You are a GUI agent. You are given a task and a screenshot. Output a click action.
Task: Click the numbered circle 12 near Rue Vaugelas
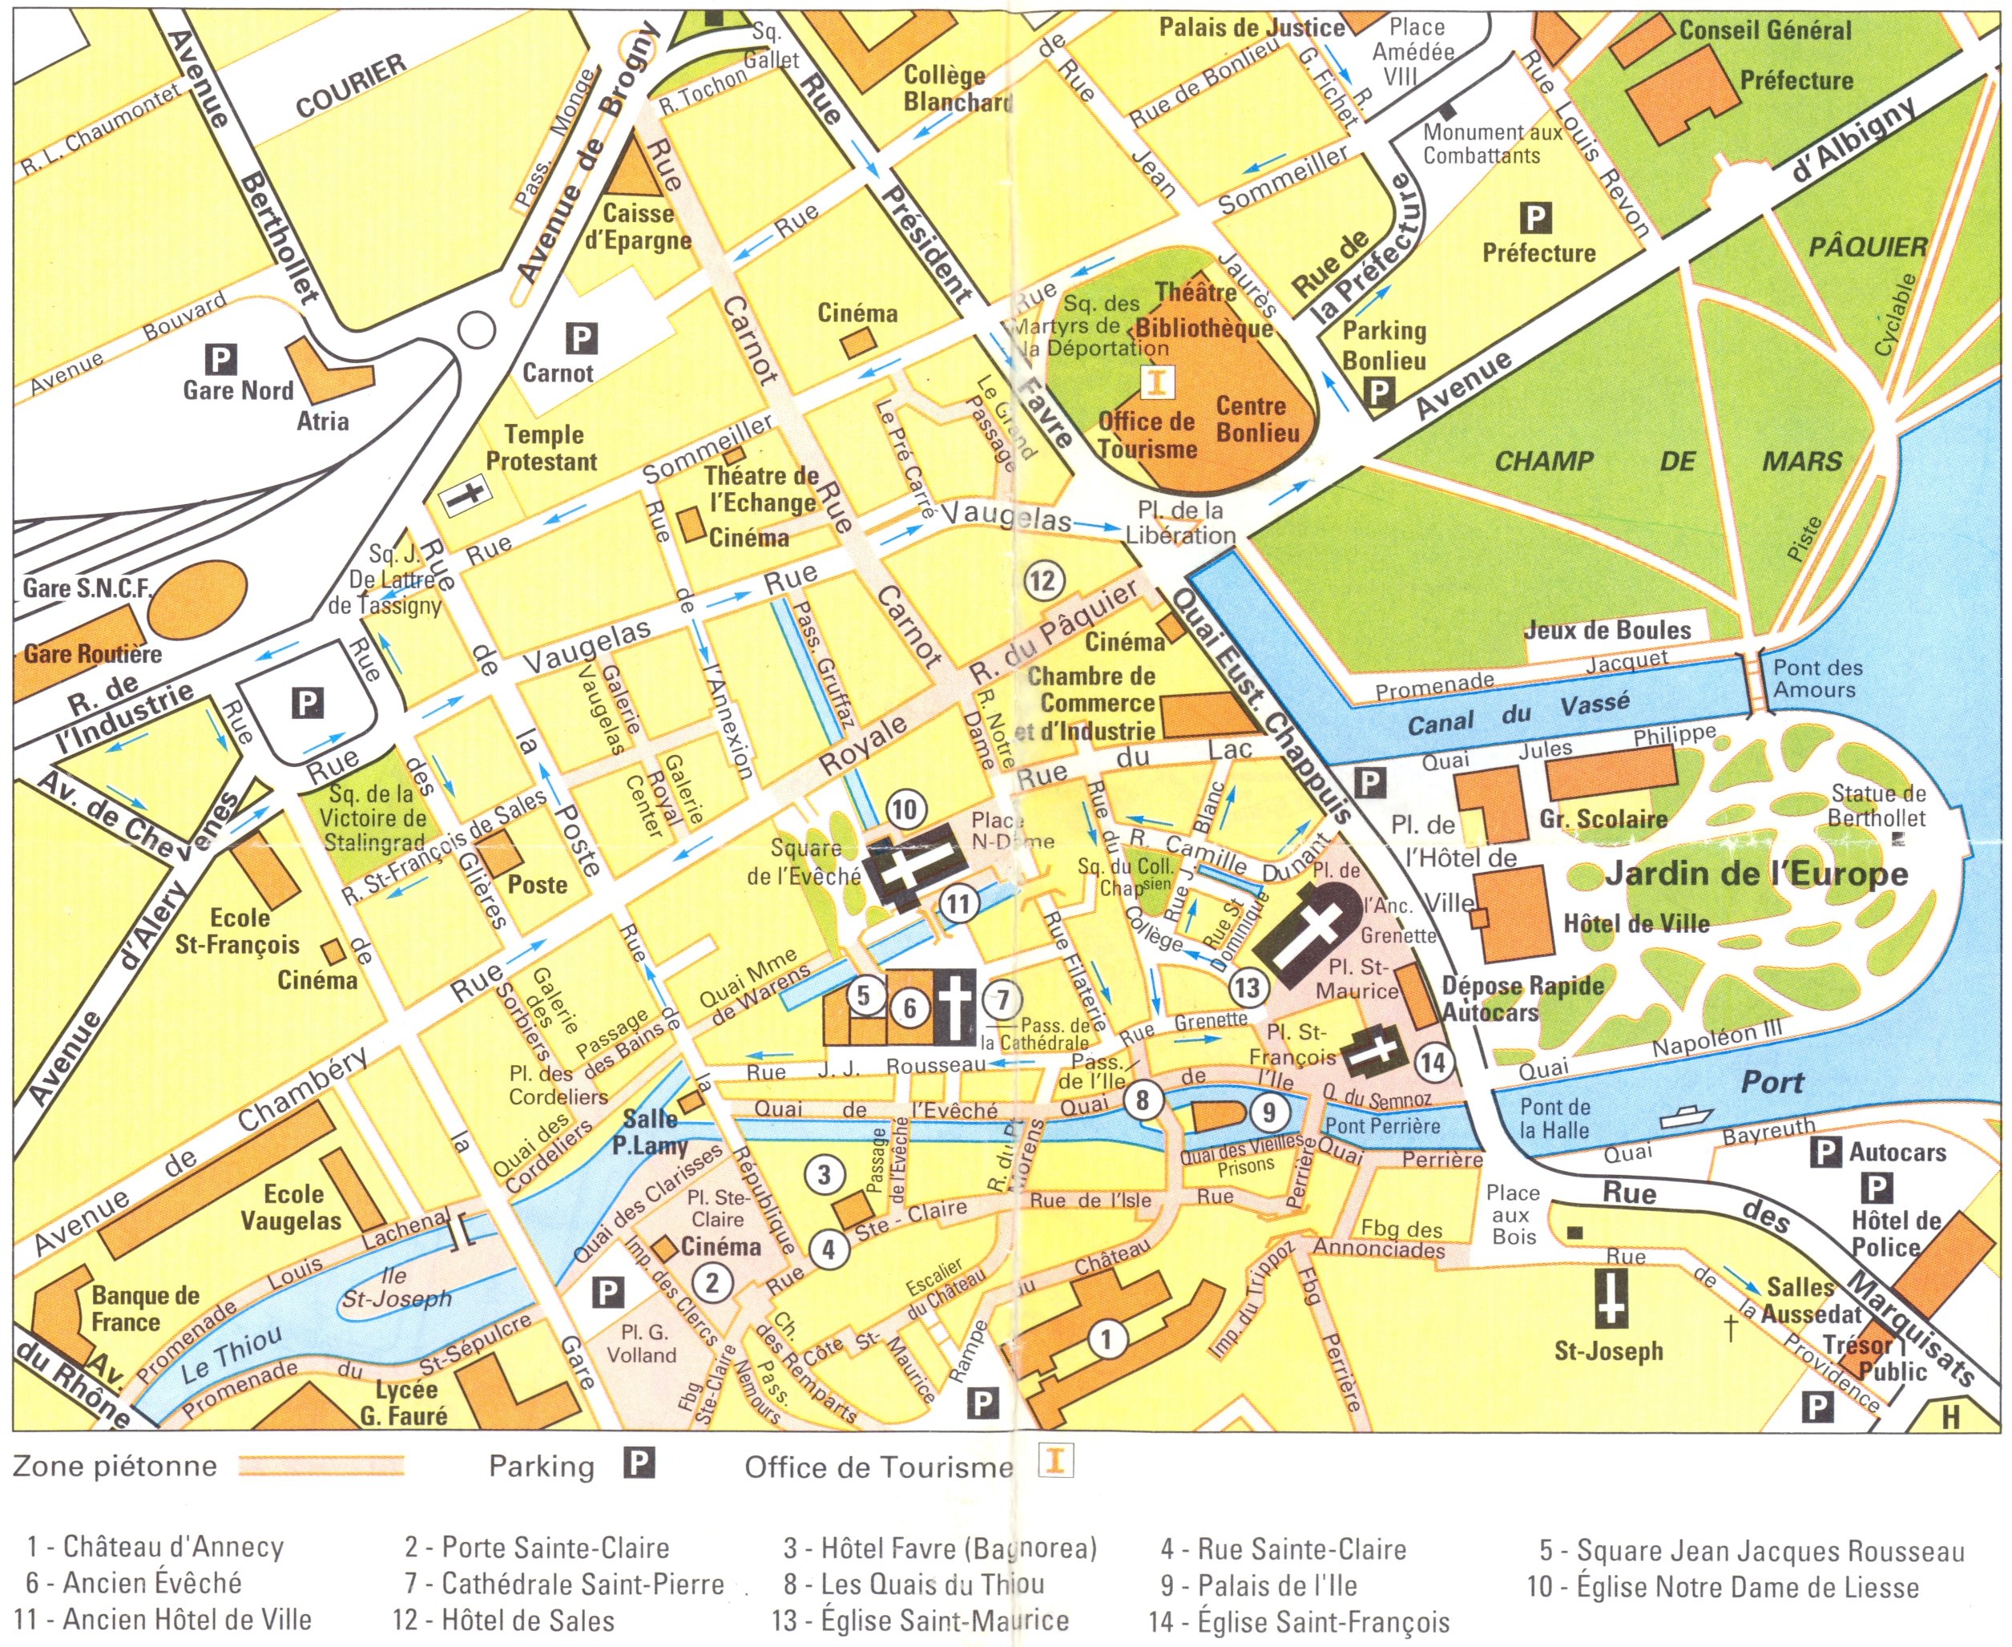(1042, 579)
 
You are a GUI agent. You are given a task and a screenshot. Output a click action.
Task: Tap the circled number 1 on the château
(1105, 1338)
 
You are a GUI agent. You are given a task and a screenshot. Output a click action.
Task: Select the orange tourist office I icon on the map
(1156, 382)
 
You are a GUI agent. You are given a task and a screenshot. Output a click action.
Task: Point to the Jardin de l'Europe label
(1756, 874)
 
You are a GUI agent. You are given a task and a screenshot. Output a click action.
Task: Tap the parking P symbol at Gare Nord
(220, 358)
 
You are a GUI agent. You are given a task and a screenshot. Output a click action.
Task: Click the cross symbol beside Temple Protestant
(466, 495)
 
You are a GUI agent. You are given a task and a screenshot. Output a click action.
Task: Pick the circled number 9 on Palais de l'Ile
(1268, 1111)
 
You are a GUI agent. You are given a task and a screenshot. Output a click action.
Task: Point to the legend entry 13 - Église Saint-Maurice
(920, 1620)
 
